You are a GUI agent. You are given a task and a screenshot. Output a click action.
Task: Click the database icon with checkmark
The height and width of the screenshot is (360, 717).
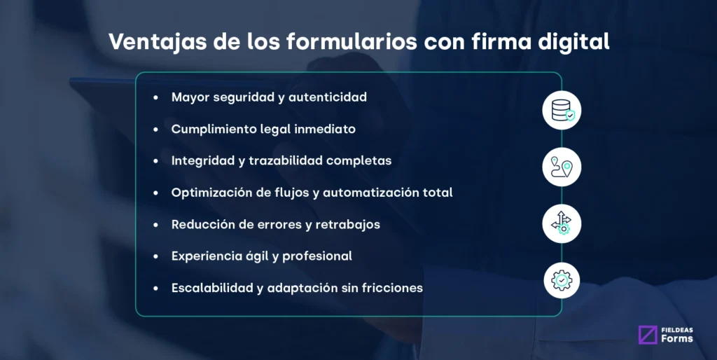pos(562,110)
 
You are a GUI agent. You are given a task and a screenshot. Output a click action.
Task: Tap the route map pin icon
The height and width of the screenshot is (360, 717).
pos(562,167)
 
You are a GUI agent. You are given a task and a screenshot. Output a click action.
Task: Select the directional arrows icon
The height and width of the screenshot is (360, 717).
pos(562,223)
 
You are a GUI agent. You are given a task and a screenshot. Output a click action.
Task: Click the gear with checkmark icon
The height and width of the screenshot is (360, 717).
pos(562,280)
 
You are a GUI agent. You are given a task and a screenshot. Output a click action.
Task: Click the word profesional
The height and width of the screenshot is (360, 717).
pos(316,256)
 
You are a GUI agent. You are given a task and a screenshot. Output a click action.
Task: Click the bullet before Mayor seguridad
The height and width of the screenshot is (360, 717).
pos(156,98)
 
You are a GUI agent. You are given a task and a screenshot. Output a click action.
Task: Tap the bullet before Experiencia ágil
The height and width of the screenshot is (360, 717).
pos(156,256)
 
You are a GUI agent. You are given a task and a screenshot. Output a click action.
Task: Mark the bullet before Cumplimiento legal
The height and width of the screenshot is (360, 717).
pos(156,130)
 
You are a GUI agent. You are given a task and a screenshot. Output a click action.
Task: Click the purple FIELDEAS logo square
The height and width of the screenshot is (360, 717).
pos(648,335)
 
